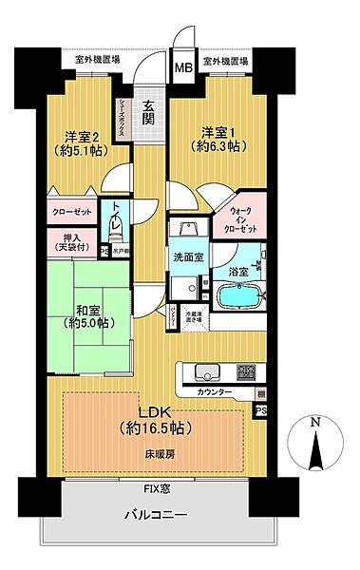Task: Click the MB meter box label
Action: click(x=180, y=68)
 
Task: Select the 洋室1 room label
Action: click(x=215, y=140)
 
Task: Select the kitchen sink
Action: click(x=207, y=371)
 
